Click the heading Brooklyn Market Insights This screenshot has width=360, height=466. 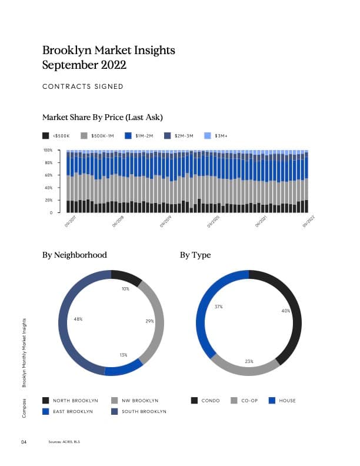coord(109,51)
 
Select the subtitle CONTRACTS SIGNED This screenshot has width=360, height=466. coord(83,86)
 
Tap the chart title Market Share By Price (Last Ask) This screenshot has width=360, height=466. coord(102,116)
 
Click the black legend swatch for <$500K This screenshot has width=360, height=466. coord(46,135)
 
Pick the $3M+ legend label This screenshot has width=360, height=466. coord(221,136)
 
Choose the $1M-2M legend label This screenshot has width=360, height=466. coord(144,136)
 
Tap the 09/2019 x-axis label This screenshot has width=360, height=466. coord(165,222)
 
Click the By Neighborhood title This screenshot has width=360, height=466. coord(74,255)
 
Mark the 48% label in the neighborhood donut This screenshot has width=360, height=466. coord(78,319)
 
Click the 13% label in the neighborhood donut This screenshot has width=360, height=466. coord(124,355)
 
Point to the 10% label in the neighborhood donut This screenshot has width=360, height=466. coord(125,289)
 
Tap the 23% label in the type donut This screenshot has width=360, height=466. coord(249,361)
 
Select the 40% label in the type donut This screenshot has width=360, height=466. coord(286,311)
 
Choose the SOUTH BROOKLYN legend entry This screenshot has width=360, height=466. coord(144,411)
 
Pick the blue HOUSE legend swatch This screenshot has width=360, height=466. coord(272,401)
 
